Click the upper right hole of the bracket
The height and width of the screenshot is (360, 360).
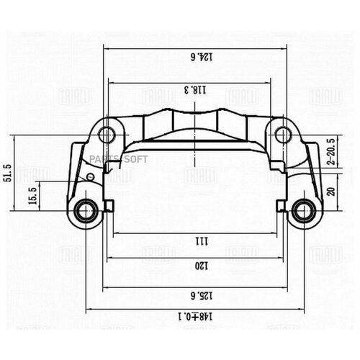[279, 133]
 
